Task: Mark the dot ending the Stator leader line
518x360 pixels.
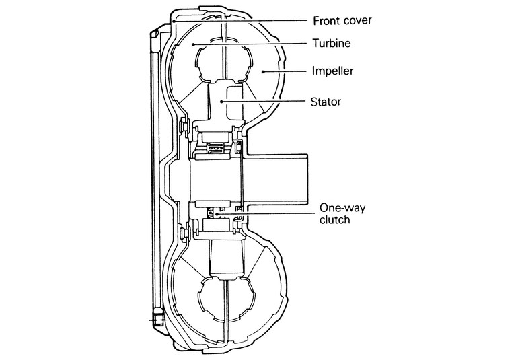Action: [x=221, y=102]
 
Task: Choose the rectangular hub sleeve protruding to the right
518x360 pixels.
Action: [x=283, y=178]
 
